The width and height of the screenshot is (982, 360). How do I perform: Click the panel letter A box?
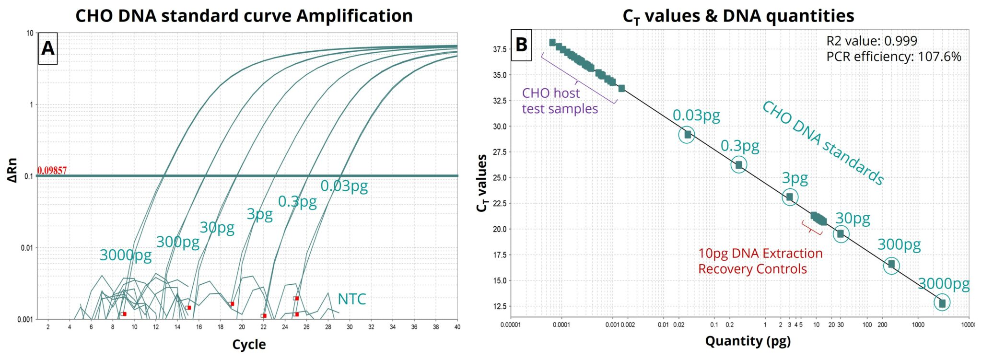[47, 48]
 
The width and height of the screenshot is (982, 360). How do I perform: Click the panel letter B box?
[521, 45]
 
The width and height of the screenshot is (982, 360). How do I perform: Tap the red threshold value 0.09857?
[52, 171]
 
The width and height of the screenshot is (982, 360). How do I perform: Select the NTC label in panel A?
[351, 299]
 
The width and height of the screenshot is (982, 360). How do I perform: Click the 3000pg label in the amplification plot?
[125, 255]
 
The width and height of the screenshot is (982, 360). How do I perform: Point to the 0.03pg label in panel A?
[344, 186]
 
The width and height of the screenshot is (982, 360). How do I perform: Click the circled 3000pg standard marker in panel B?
[942, 303]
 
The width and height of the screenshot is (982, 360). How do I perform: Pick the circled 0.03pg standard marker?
[687, 135]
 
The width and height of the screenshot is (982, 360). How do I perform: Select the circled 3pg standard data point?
[790, 197]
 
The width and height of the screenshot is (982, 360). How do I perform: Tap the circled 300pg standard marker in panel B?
[891, 265]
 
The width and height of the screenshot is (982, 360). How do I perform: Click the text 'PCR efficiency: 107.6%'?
[893, 57]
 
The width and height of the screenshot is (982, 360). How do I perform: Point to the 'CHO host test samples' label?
[559, 101]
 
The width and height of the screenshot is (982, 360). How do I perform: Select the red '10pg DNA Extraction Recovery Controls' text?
[760, 261]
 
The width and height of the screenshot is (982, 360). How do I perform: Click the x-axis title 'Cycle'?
[248, 344]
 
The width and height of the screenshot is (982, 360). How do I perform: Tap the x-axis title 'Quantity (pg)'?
[747, 341]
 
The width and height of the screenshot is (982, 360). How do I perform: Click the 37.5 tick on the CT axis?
[499, 49]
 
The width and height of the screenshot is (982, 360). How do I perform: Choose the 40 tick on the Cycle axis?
[456, 327]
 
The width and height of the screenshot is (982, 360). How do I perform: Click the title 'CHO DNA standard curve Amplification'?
[244, 16]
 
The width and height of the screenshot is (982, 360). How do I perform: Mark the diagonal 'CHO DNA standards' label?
[823, 143]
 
